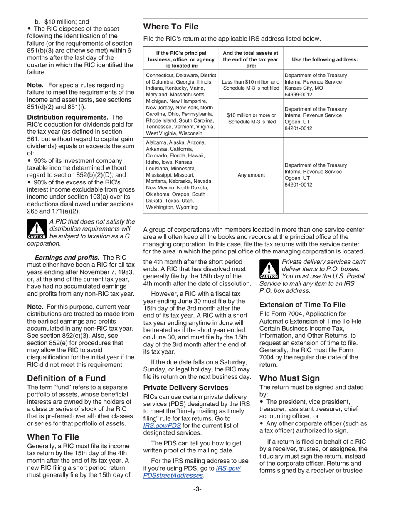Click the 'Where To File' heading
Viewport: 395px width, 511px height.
pyautogui.click(x=170, y=27)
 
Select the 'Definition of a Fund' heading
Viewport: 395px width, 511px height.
pyautogui.click(x=66, y=378)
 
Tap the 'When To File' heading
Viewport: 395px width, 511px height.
pyautogui.click(x=53, y=437)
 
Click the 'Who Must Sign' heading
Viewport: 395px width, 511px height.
pyautogui.click(x=289, y=378)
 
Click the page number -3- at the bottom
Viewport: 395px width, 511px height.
pyautogui.click(x=197, y=489)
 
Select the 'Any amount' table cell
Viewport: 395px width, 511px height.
pyautogui.click(x=251, y=175)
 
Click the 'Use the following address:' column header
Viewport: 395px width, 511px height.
pyautogui.click(x=325, y=59)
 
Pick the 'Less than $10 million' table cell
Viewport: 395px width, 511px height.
pyautogui.click(x=251, y=85)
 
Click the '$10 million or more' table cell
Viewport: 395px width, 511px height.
pyautogui.click(x=251, y=118)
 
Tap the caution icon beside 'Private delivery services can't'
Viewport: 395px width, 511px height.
pyautogui.click(x=268, y=270)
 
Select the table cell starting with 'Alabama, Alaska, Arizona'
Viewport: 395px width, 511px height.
pyautogui.click(x=180, y=175)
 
